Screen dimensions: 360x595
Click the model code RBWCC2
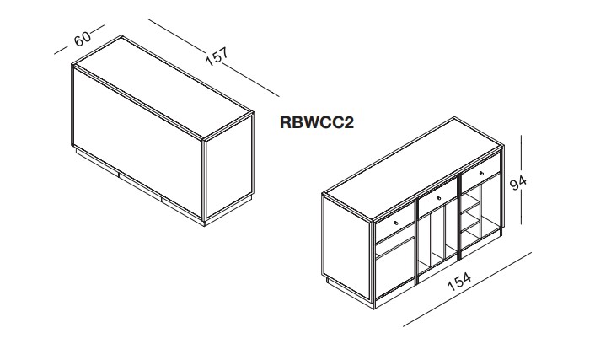314,122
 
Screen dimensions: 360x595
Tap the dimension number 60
83,40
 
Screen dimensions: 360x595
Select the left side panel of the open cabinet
346,244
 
